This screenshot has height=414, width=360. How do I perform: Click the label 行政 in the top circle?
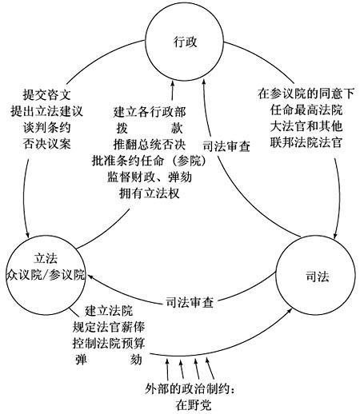coord(185,42)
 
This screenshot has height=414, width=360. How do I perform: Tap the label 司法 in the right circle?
coord(317,277)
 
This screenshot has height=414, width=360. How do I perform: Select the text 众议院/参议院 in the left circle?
coord(46,275)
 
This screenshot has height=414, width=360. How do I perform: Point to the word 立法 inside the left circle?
coord(46,258)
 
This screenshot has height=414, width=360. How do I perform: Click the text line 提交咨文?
coord(47,94)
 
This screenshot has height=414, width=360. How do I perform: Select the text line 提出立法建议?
coord(47,111)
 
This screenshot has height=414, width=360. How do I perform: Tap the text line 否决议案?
coord(47,144)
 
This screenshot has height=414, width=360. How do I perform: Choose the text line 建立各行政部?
coord(150,112)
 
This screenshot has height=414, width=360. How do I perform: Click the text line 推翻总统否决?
coord(150,145)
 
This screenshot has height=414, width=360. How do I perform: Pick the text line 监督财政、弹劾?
coord(150,177)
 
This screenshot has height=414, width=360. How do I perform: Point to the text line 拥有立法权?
coord(150,193)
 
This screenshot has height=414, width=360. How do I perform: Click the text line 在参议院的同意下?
coord(306,94)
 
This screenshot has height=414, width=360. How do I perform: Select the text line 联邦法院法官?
coord(306,142)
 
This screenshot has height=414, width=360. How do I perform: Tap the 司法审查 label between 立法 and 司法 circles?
coord(190,303)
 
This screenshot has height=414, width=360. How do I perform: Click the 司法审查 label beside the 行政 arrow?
coord(226,146)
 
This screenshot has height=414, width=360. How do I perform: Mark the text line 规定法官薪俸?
coord(109,327)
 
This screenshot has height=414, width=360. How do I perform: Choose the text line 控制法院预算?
coord(109,343)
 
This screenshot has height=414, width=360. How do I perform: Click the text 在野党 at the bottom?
coord(194,405)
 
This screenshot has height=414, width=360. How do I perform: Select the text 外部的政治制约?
coord(187,389)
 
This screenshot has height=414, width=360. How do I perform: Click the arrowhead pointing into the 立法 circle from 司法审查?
coord(90,277)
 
